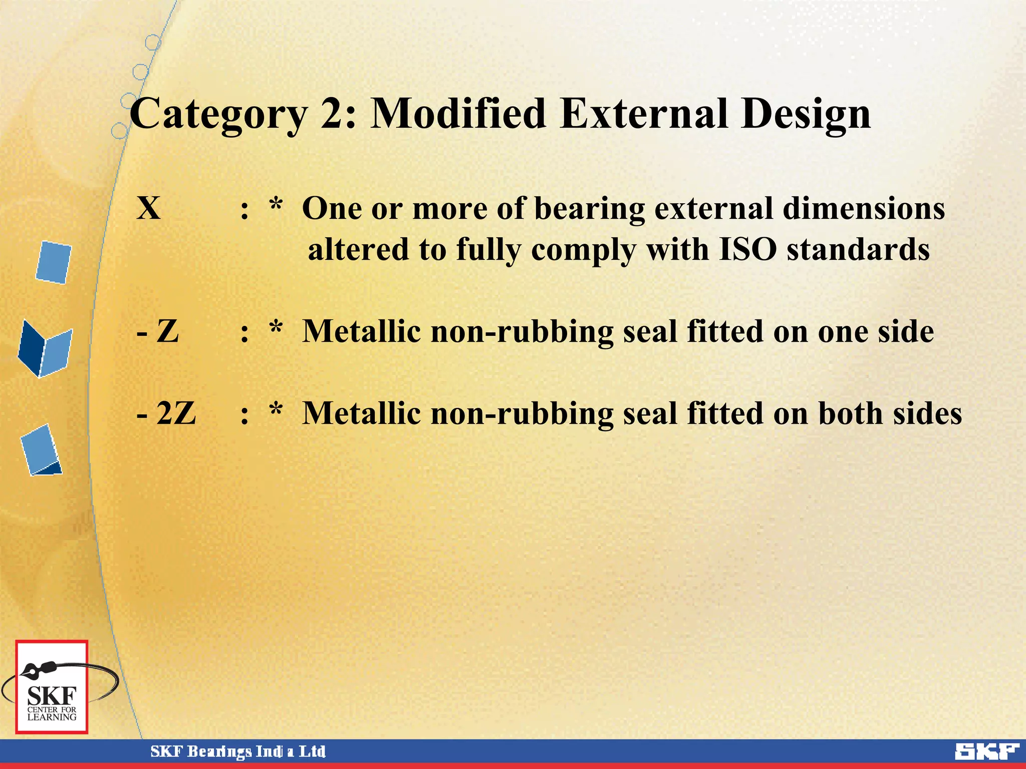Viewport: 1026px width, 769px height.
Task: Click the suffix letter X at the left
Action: (149, 208)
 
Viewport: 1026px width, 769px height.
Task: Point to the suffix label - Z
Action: (158, 331)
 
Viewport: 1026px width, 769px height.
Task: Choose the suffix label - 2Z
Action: (166, 414)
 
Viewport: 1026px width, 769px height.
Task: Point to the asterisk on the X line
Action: (276, 206)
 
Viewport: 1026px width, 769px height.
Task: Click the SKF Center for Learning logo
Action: (52, 687)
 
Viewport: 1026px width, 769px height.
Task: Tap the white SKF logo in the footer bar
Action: (986, 752)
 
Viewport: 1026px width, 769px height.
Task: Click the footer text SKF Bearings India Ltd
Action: (238, 752)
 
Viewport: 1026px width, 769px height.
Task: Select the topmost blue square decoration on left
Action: (54, 262)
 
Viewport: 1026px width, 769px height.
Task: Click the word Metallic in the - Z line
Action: (361, 331)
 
